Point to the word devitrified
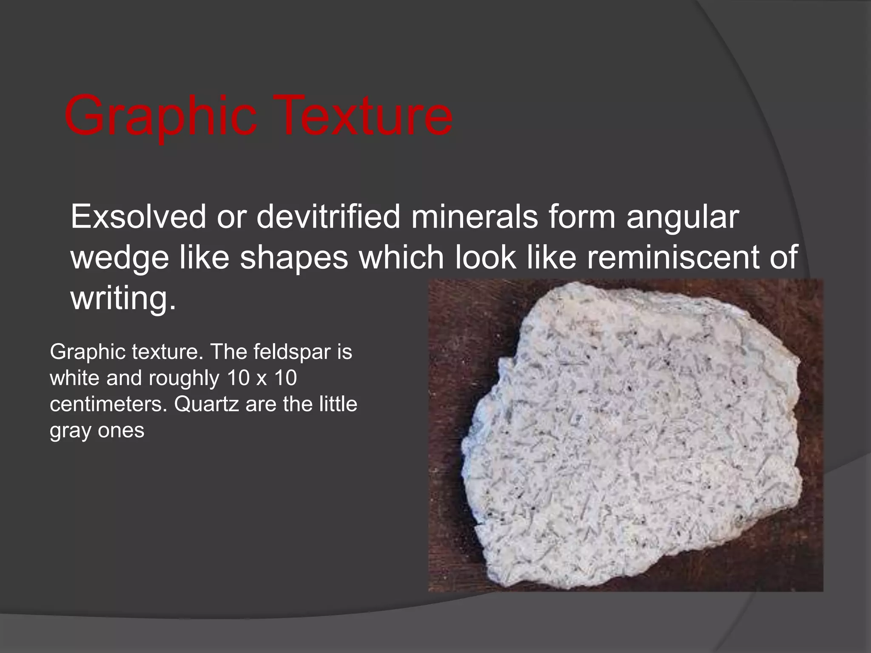coord(328,217)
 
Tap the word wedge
coord(120,258)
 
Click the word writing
coord(123,299)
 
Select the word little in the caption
coord(338,404)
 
